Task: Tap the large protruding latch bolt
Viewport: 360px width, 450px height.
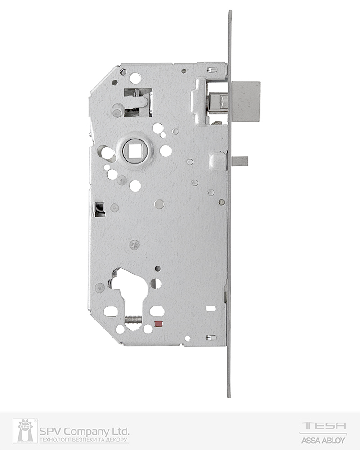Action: pos(246,101)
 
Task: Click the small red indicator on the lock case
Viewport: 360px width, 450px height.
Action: pos(157,324)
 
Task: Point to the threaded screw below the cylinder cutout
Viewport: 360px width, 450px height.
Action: pos(134,319)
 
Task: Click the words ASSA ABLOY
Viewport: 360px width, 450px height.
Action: pos(323,440)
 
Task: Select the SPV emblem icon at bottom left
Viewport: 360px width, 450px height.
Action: pos(25,431)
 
